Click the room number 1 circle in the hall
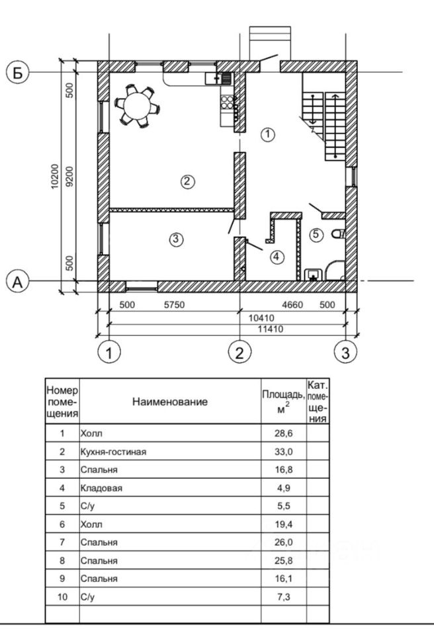[267, 134]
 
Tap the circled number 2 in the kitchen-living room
[188, 181]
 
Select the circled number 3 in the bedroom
[175, 239]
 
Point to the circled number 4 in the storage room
[276, 256]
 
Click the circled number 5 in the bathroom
[316, 234]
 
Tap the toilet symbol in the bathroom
[339, 233]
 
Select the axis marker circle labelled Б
[18, 72]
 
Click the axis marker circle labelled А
[18, 282]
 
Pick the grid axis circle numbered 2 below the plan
[239, 352]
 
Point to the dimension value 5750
[173, 305]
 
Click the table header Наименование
[169, 402]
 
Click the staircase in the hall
[325, 116]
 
